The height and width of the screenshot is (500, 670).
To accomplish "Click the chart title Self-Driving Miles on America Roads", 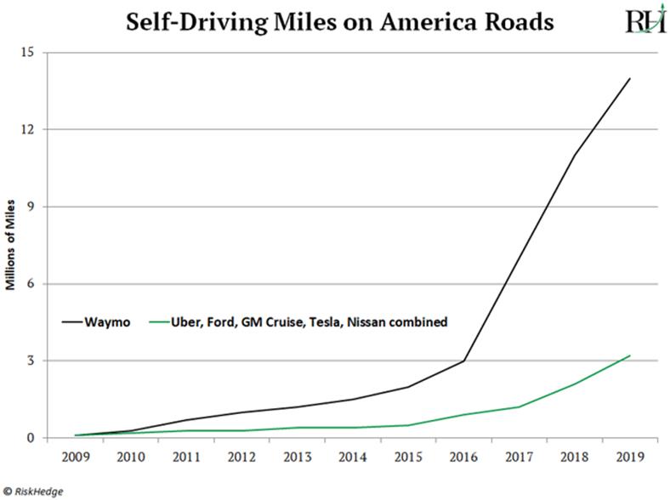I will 339,21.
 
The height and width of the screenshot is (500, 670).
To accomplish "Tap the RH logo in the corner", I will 644,20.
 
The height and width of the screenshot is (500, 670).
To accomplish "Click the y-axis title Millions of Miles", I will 12,245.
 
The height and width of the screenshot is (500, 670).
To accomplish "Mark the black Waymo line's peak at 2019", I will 629,78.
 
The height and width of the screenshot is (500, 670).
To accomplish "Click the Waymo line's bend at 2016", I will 463,361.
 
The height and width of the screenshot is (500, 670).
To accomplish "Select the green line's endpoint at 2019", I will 629,355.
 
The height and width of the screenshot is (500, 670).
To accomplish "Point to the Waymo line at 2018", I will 574,155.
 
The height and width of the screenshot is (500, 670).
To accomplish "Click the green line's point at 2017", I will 519,406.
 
